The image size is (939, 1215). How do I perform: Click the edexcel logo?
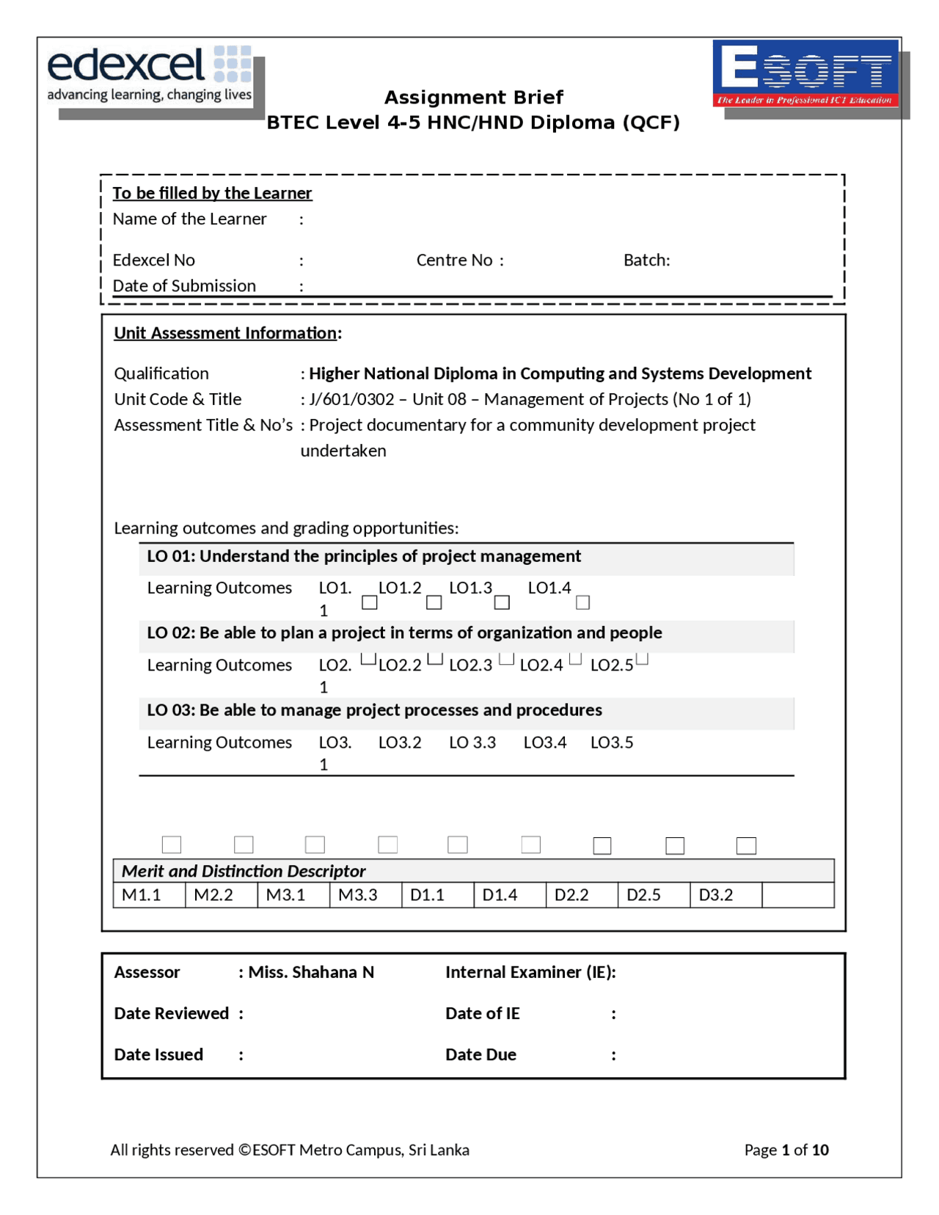pyautogui.click(x=150, y=74)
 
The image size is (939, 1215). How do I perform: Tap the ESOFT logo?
pyautogui.click(x=805, y=73)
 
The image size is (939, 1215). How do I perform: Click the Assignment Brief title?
pyautogui.click(x=473, y=98)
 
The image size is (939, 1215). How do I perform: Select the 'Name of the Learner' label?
pyautogui.click(x=189, y=219)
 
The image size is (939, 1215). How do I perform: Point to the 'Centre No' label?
pyautogui.click(x=454, y=260)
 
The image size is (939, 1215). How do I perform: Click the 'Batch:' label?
pyautogui.click(x=646, y=260)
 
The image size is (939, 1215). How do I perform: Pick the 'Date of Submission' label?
pyautogui.click(x=184, y=286)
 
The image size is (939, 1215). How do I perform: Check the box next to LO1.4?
pyautogui.click(x=583, y=603)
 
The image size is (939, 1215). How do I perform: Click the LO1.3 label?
pyautogui.click(x=470, y=588)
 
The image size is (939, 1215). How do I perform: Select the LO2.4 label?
pyautogui.click(x=541, y=665)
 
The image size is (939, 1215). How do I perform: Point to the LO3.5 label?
pyautogui.click(x=612, y=742)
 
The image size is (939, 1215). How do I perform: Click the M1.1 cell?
pyautogui.click(x=142, y=895)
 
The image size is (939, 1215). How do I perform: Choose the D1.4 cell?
pyautogui.click(x=500, y=895)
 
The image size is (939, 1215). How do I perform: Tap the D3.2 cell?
pyautogui.click(x=716, y=895)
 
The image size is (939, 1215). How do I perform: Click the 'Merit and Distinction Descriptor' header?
pyautogui.click(x=244, y=871)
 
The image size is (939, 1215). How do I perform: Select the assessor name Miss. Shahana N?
pyautogui.click(x=311, y=972)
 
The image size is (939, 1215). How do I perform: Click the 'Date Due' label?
pyautogui.click(x=481, y=1054)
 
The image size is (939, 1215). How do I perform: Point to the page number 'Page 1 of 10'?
pyautogui.click(x=786, y=1150)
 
